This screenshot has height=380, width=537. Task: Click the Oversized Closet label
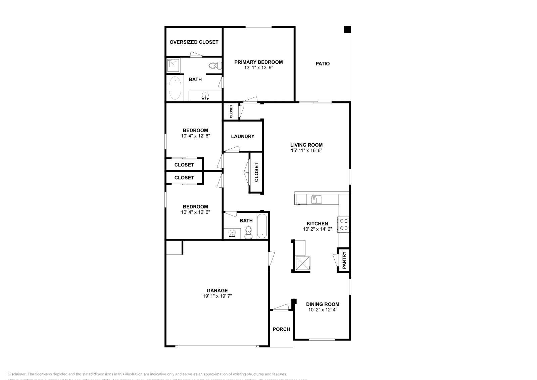click(x=194, y=42)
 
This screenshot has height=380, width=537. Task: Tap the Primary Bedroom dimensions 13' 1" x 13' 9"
click(x=258, y=67)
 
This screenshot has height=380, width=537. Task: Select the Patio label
click(x=323, y=63)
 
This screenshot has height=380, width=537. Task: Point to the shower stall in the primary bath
click(x=174, y=65)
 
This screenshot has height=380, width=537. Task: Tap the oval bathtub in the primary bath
click(x=175, y=88)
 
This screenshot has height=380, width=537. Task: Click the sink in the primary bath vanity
click(x=205, y=96)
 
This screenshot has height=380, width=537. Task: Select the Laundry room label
click(x=243, y=136)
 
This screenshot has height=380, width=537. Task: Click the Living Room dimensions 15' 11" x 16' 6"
click(x=306, y=150)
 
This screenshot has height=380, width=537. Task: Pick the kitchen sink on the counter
click(x=316, y=199)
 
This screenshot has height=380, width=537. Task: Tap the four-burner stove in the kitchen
click(x=344, y=224)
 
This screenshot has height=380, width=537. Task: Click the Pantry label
click(x=344, y=260)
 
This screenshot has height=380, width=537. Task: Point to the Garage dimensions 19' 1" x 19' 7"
click(x=217, y=296)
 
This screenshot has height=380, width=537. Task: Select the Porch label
click(x=281, y=329)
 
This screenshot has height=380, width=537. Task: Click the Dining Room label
click(x=323, y=304)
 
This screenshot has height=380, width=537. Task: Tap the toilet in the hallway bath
click(x=249, y=231)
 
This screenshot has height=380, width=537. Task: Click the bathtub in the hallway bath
click(x=262, y=226)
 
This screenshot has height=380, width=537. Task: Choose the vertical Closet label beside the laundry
click(x=257, y=172)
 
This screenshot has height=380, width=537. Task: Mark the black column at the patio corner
click(x=347, y=30)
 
